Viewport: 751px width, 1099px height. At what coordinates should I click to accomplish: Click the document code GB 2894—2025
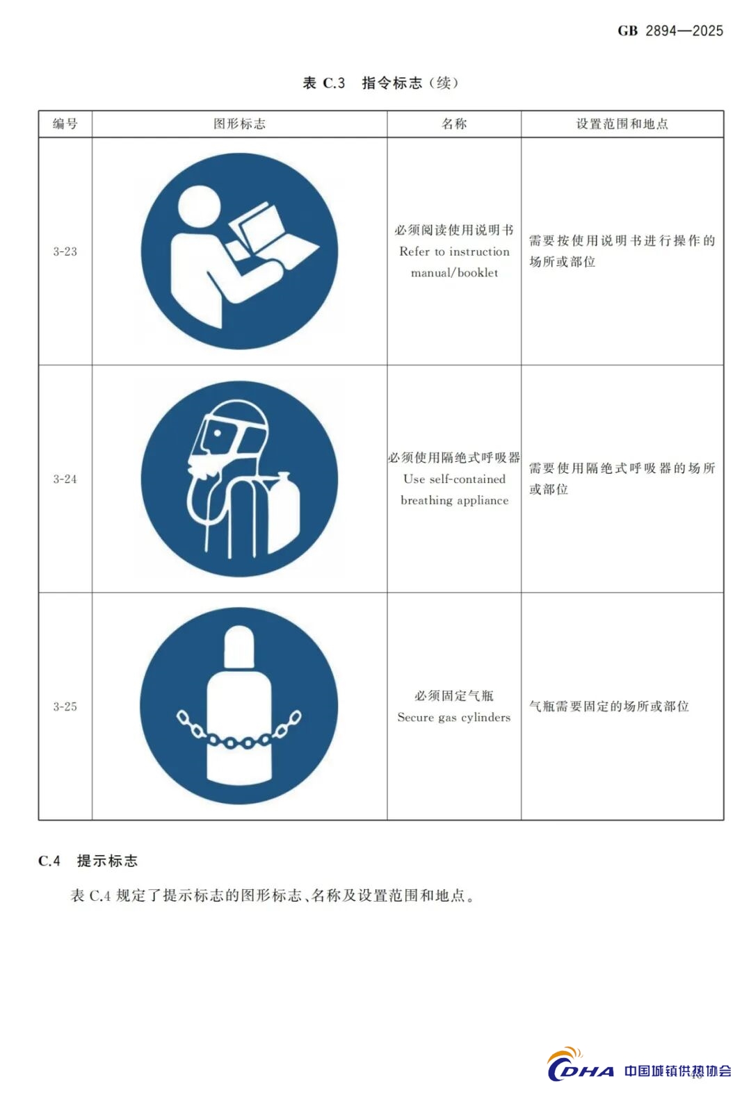[x=670, y=31]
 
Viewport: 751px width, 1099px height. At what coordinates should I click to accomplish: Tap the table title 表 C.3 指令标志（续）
[x=380, y=83]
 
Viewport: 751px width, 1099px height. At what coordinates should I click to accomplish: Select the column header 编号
[x=65, y=124]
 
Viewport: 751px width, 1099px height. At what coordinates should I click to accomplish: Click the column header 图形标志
[x=239, y=124]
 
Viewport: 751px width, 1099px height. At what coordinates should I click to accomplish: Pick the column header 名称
[x=454, y=124]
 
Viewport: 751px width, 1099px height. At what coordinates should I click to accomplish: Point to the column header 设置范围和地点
[x=622, y=124]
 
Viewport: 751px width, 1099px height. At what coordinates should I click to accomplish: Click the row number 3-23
[x=65, y=251]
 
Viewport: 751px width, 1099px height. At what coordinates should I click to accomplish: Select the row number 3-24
[x=65, y=479]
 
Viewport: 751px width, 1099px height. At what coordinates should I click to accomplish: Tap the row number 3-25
[x=65, y=706]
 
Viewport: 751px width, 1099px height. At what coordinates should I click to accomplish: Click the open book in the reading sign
[x=270, y=235]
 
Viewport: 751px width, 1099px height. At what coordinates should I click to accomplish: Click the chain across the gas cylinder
[x=239, y=729]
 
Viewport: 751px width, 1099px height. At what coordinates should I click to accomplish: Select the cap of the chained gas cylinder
[x=239, y=647]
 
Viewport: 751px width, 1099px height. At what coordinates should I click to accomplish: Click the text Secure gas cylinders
[x=454, y=718]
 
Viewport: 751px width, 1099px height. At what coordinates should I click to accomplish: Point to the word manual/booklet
[x=454, y=273]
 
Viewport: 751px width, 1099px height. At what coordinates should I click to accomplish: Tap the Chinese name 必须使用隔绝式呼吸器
[x=454, y=458]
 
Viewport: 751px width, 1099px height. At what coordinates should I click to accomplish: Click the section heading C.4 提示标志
[x=88, y=861]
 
